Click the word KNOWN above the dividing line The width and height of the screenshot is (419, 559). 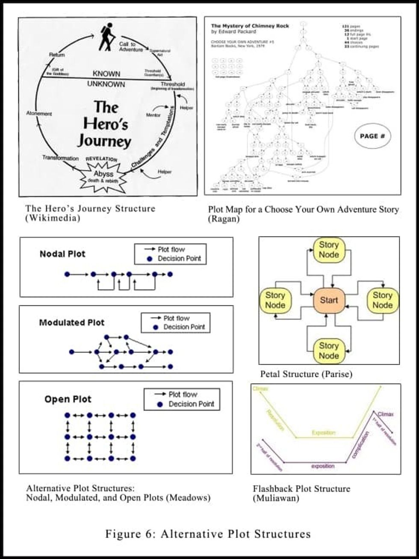tap(106, 74)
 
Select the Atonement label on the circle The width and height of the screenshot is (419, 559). tap(39, 114)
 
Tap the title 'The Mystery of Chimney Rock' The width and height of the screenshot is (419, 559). tap(250, 26)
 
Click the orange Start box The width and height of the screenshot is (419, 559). tap(329, 300)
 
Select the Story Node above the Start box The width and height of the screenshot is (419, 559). tap(329, 250)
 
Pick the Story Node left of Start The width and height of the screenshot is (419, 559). tap(275, 300)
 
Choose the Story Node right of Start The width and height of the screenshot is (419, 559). tap(382, 300)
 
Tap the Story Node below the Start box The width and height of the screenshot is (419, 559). tap(329, 351)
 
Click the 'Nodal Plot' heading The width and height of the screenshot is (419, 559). tap(62, 254)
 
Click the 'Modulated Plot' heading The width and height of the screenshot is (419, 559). tap(71, 322)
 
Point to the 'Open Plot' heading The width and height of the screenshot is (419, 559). tap(68, 399)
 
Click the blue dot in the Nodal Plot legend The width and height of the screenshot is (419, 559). tap(149, 259)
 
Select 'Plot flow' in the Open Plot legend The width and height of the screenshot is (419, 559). tap(183, 394)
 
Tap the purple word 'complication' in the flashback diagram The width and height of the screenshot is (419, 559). tap(360, 445)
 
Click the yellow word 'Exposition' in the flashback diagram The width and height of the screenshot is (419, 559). tap(324, 433)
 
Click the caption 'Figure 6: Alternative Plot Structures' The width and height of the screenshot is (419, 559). tap(208, 534)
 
